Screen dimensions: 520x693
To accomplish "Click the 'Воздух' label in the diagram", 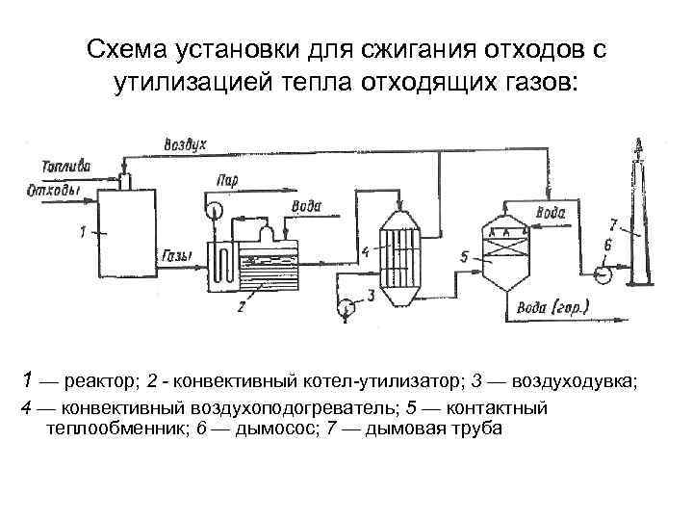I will pos(185,144).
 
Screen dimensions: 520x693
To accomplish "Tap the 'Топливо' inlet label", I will pos(66,166).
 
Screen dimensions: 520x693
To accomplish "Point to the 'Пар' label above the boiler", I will pos(228,179).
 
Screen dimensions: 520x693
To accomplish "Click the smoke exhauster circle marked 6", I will pos(603,273).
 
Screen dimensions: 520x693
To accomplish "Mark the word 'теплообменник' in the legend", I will pos(107,427).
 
